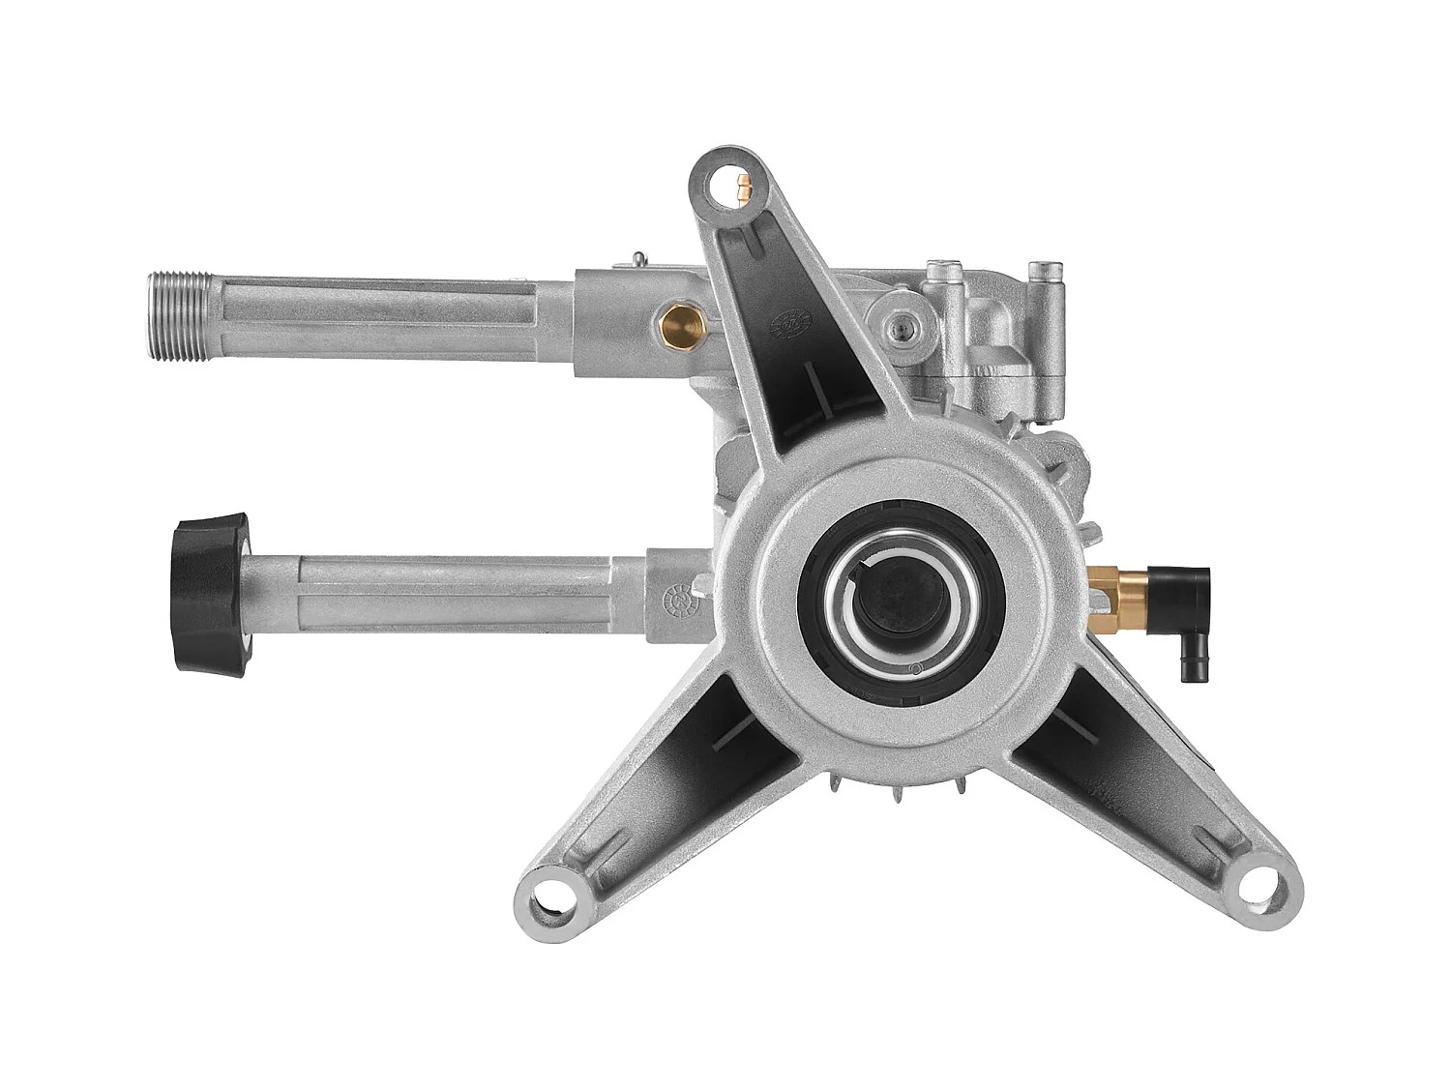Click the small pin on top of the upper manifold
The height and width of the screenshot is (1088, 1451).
click(637, 258)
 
